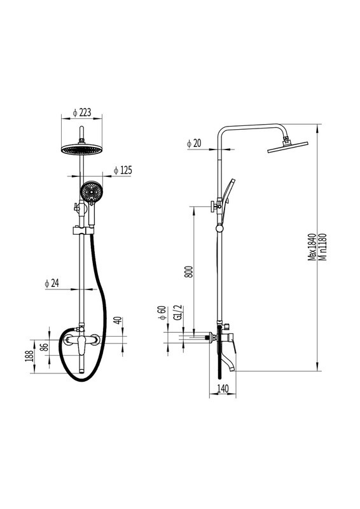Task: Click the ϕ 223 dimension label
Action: pyautogui.click(x=81, y=113)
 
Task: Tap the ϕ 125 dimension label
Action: pyautogui.click(x=123, y=170)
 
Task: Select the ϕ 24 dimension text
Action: pyautogui.click(x=52, y=283)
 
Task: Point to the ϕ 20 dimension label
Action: pyautogui.click(x=194, y=143)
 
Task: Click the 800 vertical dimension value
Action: pyautogui.click(x=189, y=272)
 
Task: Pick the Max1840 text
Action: pyautogui.click(x=312, y=247)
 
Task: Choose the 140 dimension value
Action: pyautogui.click(x=223, y=388)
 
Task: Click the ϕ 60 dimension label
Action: pyautogui.click(x=162, y=313)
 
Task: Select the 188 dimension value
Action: pyautogui.click(x=30, y=356)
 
